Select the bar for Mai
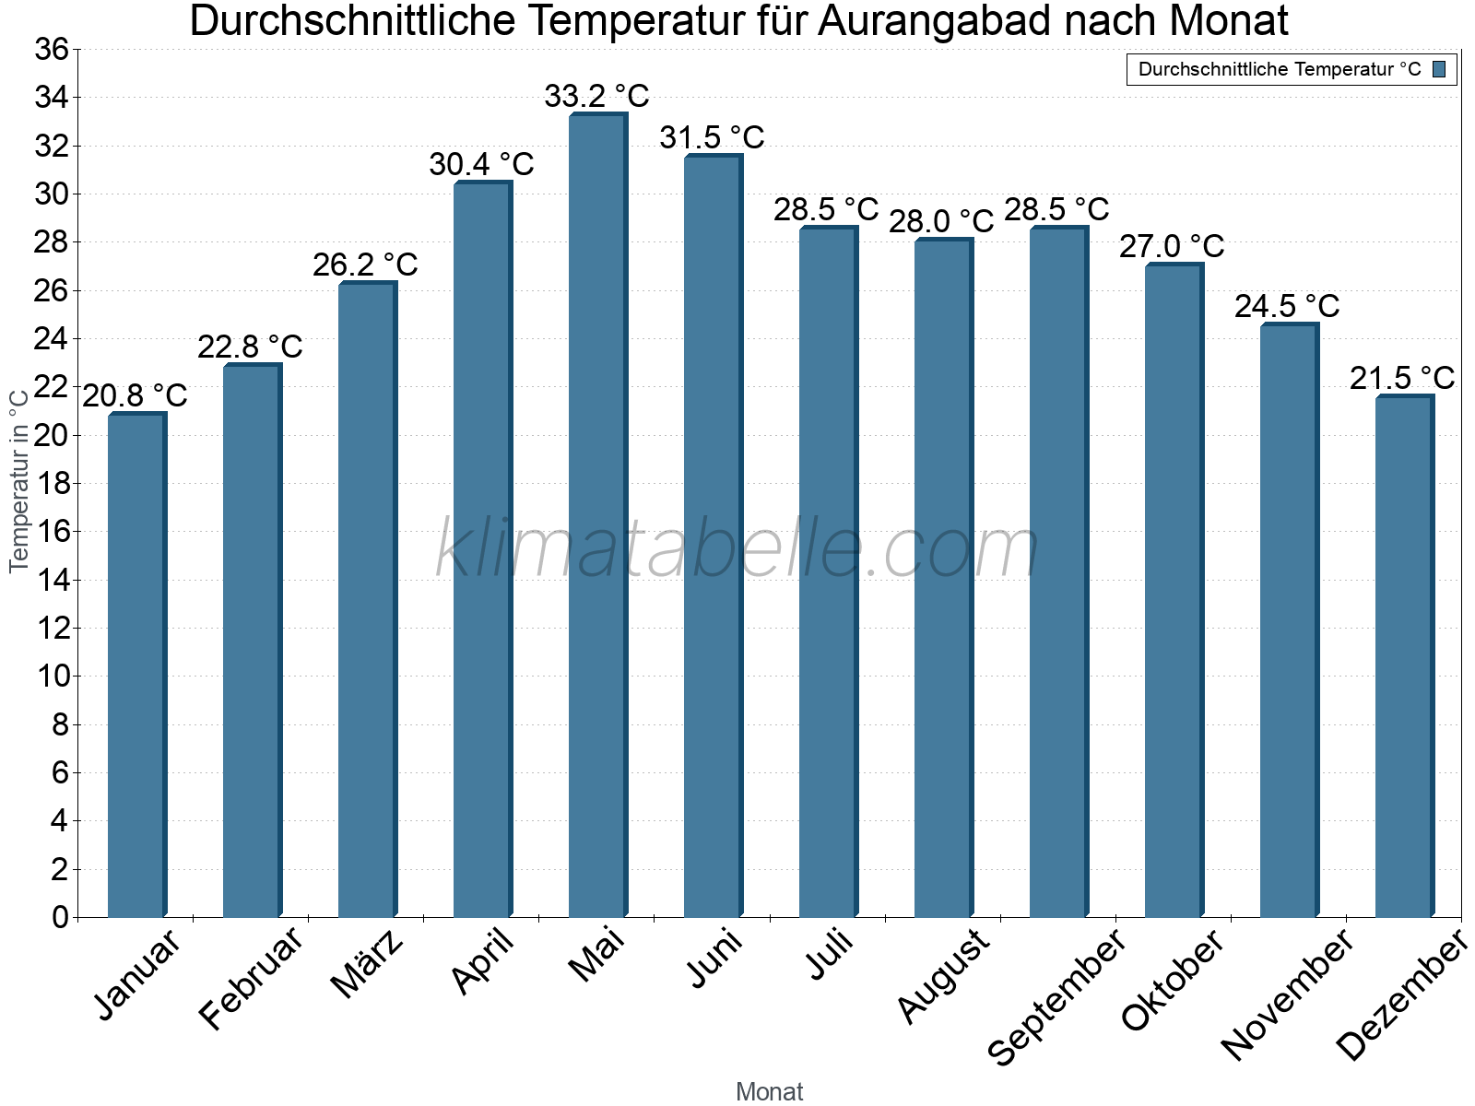pos(597,516)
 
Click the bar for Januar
pos(136,664)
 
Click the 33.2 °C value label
pos(596,96)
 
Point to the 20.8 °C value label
pos(135,396)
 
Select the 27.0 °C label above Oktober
pos(1172,247)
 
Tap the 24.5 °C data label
pos(1287,306)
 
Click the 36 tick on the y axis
pos(53,50)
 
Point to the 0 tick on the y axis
pos(61,917)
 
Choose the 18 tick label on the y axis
pos(53,484)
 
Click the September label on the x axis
pos(1056,995)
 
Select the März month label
pos(368,963)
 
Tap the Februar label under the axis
pos(251,977)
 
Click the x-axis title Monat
pos(769,1091)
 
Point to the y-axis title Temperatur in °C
pos(19,480)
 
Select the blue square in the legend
pos(1439,69)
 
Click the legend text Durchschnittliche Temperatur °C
pos(1280,69)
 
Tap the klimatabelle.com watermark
pos(737,549)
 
